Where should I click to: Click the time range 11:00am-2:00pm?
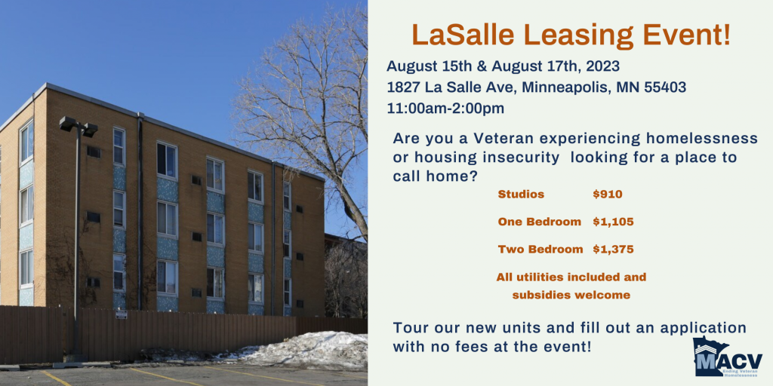click(445, 109)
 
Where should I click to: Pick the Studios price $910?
click(608, 194)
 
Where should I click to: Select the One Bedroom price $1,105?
click(613, 222)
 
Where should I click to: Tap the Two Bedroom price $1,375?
click(613, 249)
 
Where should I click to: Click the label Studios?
click(521, 194)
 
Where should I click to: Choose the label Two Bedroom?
click(540, 249)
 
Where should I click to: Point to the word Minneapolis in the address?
click(553, 87)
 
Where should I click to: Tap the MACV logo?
click(727, 357)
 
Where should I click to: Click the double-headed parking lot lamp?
click(79, 127)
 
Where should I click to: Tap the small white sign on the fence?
click(122, 314)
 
